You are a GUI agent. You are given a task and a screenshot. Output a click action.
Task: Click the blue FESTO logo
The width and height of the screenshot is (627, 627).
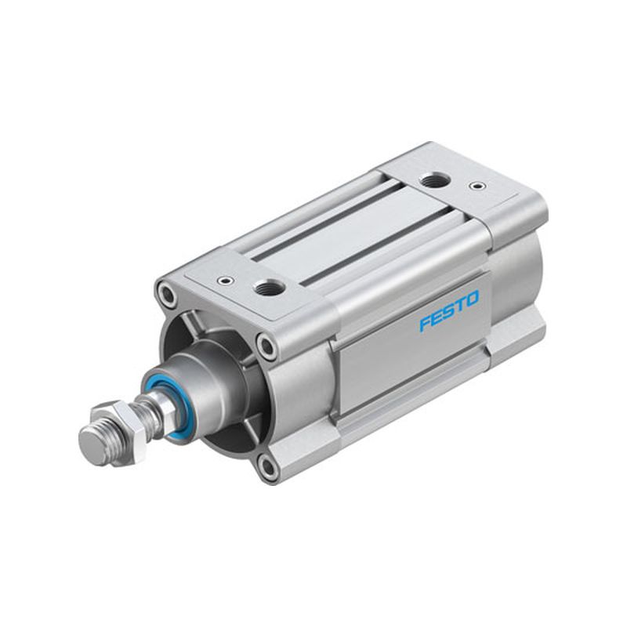click(448, 311)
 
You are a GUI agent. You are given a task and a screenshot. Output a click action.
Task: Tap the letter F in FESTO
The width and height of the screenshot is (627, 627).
click(426, 323)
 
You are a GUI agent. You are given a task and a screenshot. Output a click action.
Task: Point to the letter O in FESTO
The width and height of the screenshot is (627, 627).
click(473, 299)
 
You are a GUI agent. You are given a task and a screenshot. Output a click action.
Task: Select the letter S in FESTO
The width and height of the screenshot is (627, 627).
click(449, 310)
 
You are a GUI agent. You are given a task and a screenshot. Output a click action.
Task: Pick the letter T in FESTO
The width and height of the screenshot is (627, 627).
click(461, 305)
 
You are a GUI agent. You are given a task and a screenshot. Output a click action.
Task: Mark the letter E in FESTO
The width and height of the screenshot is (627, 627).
click(437, 317)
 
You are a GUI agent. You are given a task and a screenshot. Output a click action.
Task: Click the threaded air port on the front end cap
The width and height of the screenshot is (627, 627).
click(270, 286)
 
